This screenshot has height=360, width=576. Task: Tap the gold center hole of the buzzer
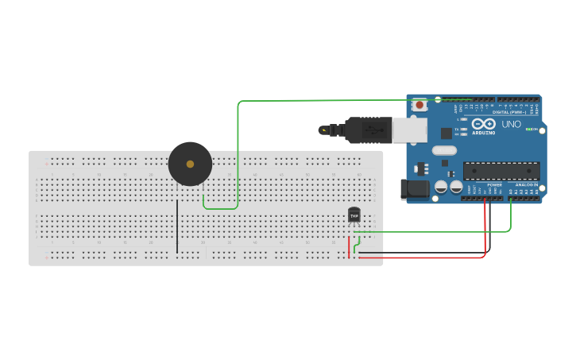point(190,164)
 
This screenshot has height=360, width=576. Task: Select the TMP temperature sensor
point(354,215)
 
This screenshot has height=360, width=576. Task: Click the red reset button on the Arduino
point(419,104)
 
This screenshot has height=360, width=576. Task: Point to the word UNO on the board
point(512,124)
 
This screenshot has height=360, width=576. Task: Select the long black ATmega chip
point(501,171)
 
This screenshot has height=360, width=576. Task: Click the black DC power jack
point(415,189)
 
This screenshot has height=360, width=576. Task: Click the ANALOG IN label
point(527,184)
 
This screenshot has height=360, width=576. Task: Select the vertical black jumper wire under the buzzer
point(177,226)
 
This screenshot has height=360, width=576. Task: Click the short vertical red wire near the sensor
point(348,246)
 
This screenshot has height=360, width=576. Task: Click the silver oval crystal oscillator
point(444,150)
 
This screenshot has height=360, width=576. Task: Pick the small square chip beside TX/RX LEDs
point(446,133)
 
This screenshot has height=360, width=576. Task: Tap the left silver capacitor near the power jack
point(440,187)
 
